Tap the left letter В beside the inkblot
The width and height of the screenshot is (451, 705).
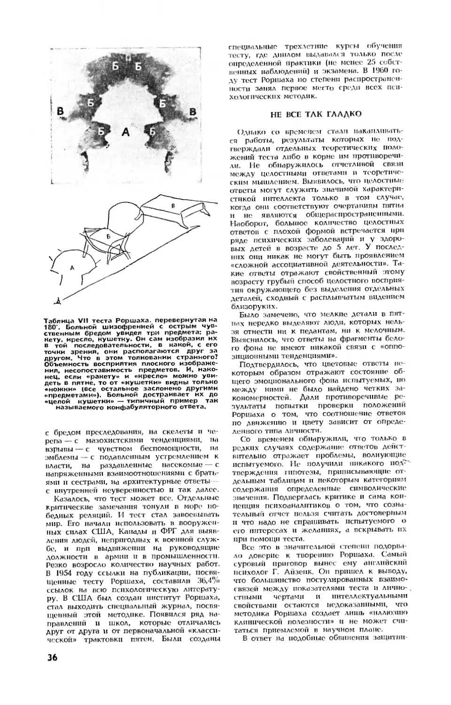click(60, 111)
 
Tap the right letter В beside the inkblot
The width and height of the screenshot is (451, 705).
click(192, 111)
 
